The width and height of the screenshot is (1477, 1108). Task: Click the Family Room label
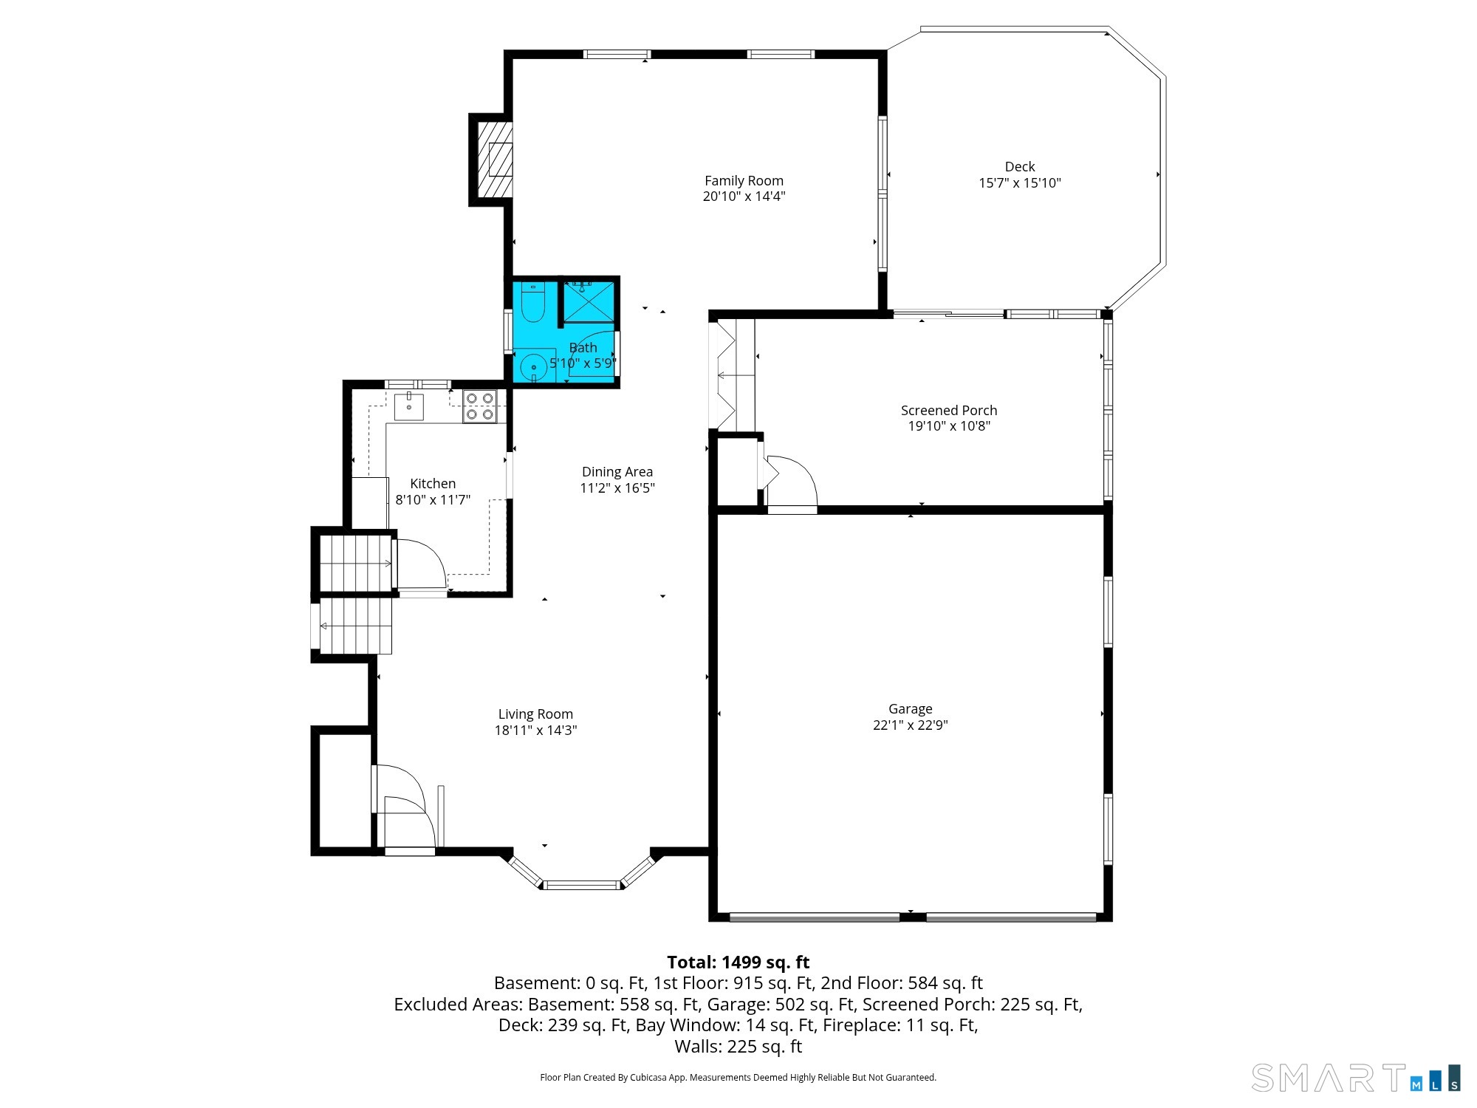tap(744, 181)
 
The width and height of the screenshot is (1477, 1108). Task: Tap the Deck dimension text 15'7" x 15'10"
tap(1020, 183)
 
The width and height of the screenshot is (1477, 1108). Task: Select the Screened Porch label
tap(949, 410)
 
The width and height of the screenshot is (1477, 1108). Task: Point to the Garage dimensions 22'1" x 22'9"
tap(911, 725)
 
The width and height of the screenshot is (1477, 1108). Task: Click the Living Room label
tap(535, 714)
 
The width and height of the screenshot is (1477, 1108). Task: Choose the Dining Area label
tap(617, 472)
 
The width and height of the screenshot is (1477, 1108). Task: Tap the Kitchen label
tap(433, 484)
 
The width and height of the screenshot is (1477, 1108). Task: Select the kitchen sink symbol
tap(408, 406)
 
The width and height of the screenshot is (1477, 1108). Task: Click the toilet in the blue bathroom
tap(532, 304)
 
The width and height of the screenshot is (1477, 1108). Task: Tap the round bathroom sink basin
tap(533, 366)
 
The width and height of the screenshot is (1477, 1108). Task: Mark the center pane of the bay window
tap(582, 885)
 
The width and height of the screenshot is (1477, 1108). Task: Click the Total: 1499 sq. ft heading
tap(738, 962)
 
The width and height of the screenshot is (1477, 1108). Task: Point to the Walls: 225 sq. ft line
tap(738, 1047)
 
